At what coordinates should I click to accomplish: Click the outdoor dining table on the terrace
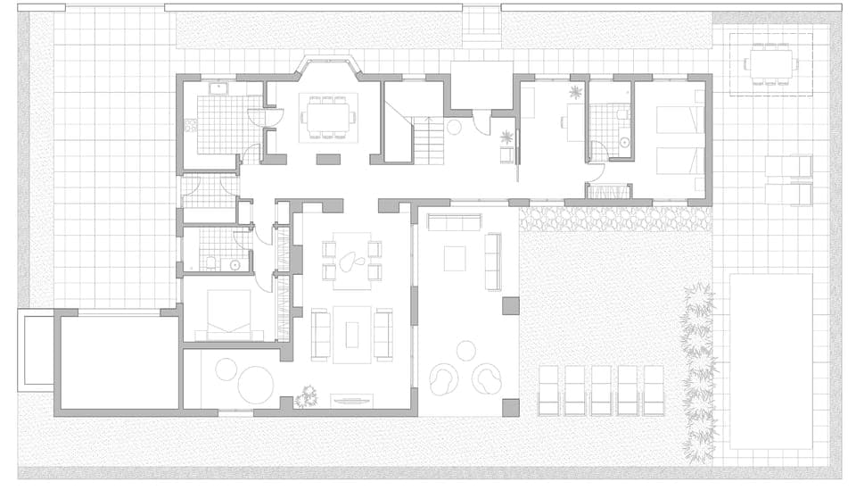pyautogui.click(x=771, y=64)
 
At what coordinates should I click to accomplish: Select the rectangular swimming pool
pyautogui.click(x=770, y=361)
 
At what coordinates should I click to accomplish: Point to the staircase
pyautogui.click(x=428, y=141)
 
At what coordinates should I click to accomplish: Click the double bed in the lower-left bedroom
pyautogui.click(x=229, y=315)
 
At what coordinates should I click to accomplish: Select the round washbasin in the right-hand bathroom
pyautogui.click(x=623, y=142)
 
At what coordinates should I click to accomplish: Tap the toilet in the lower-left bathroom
pyautogui.click(x=210, y=262)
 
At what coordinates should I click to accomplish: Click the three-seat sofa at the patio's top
pyautogui.click(x=454, y=222)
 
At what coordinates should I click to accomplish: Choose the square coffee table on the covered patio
pyautogui.click(x=455, y=258)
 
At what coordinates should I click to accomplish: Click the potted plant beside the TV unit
pyautogui.click(x=308, y=395)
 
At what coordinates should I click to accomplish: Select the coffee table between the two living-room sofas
pyautogui.click(x=351, y=334)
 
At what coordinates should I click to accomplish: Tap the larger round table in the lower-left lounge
pyautogui.click(x=255, y=386)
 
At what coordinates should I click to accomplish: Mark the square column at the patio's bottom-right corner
pyautogui.click(x=510, y=408)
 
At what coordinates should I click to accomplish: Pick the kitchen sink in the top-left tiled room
pyautogui.click(x=218, y=88)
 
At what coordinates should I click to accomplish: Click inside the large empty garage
pyautogui.click(x=119, y=361)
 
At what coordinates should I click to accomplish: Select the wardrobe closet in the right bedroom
pyautogui.click(x=608, y=191)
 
